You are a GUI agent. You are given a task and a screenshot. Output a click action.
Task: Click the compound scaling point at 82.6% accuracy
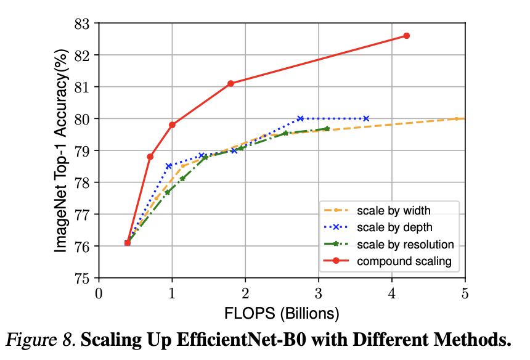click(406, 36)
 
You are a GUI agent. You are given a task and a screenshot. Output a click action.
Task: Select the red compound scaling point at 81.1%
click(230, 83)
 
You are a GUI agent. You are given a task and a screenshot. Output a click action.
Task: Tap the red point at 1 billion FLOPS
click(172, 125)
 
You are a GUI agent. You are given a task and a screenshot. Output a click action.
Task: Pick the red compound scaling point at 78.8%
click(150, 157)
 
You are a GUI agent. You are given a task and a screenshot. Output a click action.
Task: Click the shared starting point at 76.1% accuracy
click(128, 243)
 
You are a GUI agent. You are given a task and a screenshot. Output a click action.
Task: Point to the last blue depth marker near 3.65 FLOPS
click(366, 118)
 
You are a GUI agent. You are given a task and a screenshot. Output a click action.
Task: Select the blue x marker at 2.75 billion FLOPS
click(300, 118)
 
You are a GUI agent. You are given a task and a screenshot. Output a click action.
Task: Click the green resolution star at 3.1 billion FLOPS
click(327, 129)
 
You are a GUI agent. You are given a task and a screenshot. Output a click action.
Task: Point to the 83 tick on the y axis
click(81, 23)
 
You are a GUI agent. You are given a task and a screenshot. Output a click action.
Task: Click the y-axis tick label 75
click(81, 278)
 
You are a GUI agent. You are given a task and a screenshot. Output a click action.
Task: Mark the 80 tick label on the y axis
click(81, 118)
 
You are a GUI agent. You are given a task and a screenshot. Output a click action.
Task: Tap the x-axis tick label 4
click(392, 292)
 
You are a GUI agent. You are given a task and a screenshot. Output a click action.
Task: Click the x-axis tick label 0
click(99, 292)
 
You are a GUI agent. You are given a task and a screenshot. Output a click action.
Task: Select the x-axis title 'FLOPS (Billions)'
click(282, 313)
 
